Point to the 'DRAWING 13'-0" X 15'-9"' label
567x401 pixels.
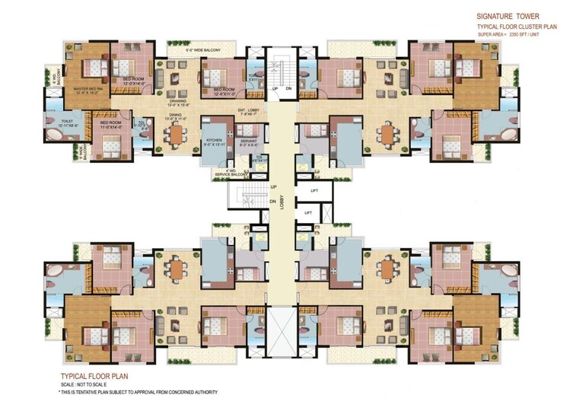coord(180,101)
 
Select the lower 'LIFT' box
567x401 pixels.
coord(307,214)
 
